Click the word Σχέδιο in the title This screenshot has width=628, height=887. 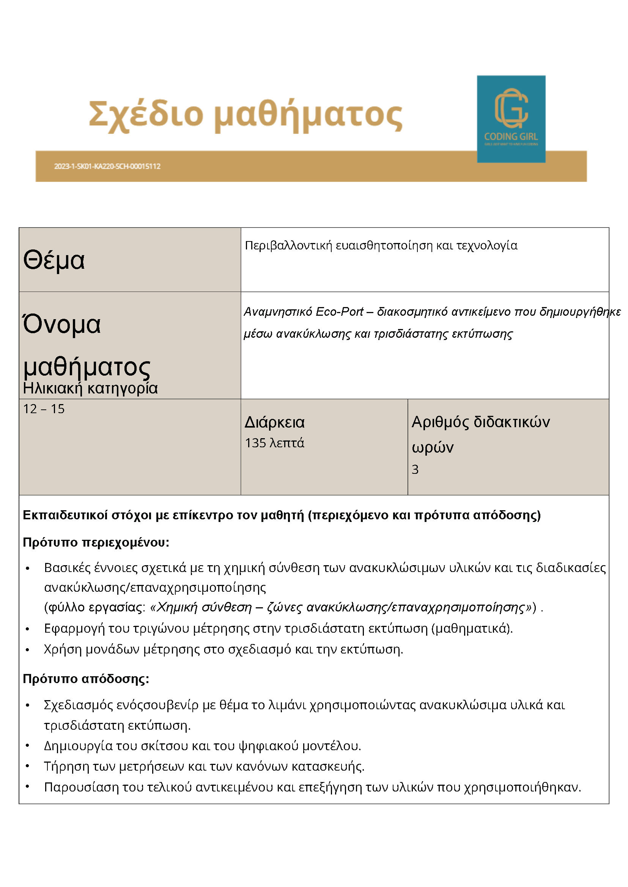tap(146, 114)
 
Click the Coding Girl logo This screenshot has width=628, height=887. tap(511, 119)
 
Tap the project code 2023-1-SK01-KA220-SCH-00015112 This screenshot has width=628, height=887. tap(107, 166)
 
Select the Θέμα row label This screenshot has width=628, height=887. tap(54, 260)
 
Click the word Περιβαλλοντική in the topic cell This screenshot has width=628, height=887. tap(288, 246)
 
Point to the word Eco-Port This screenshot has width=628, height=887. tap(339, 312)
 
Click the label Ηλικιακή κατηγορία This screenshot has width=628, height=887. tap(90, 388)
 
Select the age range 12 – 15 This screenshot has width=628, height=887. tap(44, 409)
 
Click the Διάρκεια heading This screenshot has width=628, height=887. tap(275, 422)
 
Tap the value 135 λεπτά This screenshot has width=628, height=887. tap(275, 443)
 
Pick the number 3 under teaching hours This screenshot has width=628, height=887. tap(415, 469)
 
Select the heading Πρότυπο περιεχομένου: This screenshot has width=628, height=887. tap(96, 542)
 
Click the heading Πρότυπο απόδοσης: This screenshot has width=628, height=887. tap(86, 679)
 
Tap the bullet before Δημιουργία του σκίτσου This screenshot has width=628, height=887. tap(27, 746)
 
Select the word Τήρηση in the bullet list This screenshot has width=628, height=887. tap(62, 766)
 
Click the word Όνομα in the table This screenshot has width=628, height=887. tap(62, 324)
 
